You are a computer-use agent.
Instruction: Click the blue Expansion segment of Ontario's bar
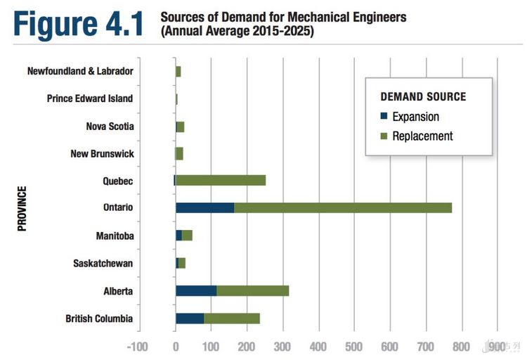(x=204, y=208)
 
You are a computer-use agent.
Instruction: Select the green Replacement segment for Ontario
(x=343, y=208)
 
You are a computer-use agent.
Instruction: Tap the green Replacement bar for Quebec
(x=221, y=181)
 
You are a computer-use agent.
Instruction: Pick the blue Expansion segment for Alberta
(x=196, y=290)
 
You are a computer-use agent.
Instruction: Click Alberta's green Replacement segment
(x=253, y=290)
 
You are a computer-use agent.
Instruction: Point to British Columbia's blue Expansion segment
(x=190, y=318)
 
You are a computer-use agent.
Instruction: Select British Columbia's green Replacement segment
(x=232, y=318)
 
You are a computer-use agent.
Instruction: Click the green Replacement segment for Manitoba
(x=187, y=236)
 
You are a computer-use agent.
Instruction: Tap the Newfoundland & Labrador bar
(x=178, y=71)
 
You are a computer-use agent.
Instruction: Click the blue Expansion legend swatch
(x=384, y=117)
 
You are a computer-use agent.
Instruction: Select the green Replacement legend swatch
(x=384, y=136)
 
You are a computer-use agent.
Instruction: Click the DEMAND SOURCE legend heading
(x=423, y=97)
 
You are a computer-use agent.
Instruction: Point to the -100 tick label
(x=138, y=347)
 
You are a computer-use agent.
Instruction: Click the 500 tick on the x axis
(x=355, y=347)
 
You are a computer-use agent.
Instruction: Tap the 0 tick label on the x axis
(x=176, y=347)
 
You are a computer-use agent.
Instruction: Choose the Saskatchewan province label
(x=103, y=263)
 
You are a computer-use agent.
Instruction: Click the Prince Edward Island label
(x=89, y=98)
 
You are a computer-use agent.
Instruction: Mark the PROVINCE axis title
(x=22, y=208)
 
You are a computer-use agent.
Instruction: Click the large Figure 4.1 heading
(x=77, y=22)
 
